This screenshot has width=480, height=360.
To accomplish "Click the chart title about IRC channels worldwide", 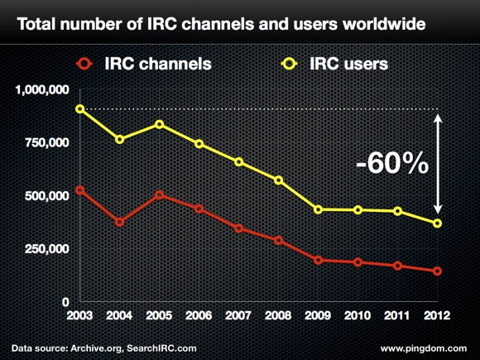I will click(x=221, y=22).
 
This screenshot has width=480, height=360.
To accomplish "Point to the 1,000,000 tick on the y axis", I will click(x=42, y=90).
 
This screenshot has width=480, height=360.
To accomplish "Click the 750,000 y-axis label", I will click(x=47, y=143).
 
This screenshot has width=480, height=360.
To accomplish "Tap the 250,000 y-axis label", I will click(x=47, y=249).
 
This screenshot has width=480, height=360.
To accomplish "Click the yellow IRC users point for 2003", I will click(x=79, y=108).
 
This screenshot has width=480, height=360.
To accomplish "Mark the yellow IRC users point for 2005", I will click(x=159, y=125).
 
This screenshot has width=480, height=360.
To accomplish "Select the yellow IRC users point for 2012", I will click(x=437, y=223).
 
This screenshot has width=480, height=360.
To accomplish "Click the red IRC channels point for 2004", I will click(x=119, y=222).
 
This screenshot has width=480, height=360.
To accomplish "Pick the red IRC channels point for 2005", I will click(x=159, y=195).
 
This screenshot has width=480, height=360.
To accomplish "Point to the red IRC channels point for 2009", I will click(x=319, y=260).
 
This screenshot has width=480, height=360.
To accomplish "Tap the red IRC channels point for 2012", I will click(x=437, y=271).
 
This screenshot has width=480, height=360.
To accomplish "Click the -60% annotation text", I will click(x=391, y=163).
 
